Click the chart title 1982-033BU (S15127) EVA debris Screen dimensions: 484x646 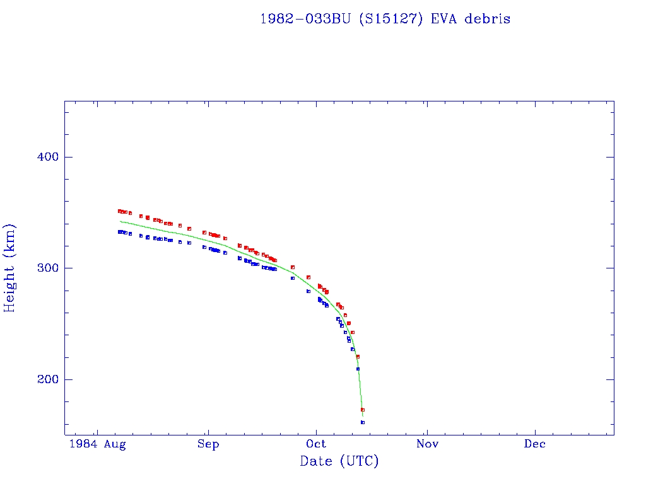click(385, 19)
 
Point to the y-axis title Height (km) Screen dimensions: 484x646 click(10, 268)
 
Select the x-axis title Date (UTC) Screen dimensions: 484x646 click(339, 461)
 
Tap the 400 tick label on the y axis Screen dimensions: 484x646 click(44, 157)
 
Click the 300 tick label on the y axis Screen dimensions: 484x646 click(44, 268)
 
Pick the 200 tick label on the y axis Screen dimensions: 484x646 click(44, 379)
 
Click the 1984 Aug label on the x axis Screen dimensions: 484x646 click(98, 444)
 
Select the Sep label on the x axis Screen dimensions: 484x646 click(208, 444)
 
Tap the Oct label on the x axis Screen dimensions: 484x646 click(317, 444)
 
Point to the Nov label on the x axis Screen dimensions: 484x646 click(427, 444)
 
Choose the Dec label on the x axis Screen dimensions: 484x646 click(535, 444)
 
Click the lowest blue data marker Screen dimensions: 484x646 click(363, 422)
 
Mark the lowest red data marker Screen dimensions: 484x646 click(363, 410)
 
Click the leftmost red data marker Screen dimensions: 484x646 click(119, 211)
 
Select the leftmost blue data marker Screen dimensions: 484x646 click(119, 232)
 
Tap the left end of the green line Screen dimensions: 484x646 click(120, 221)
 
